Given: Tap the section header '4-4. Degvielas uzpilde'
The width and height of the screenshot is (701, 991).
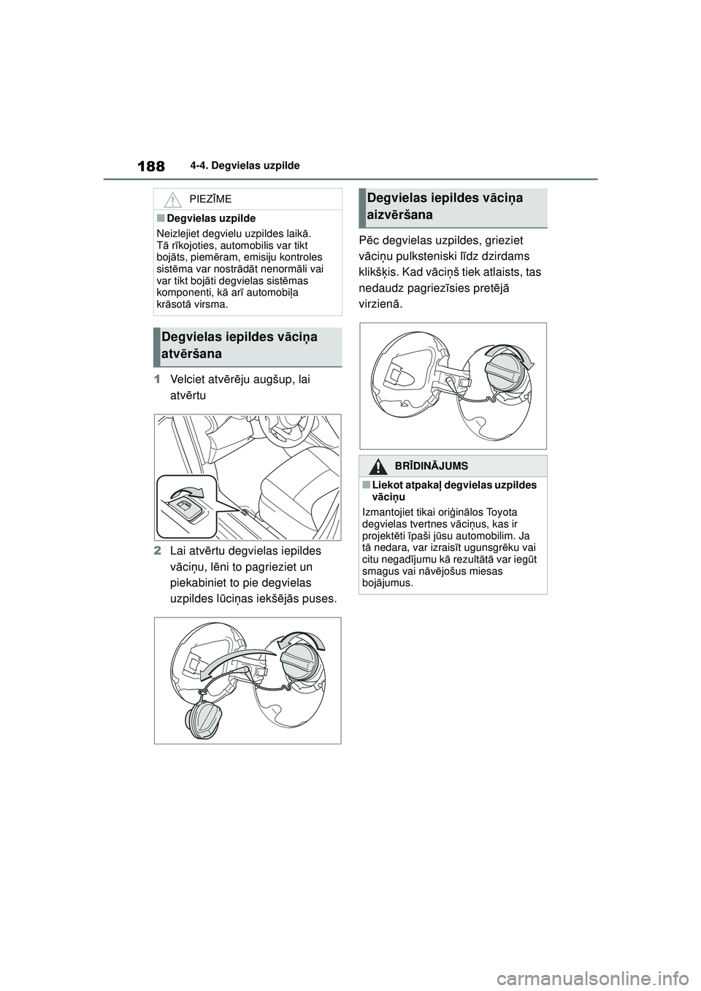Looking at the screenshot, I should (x=250, y=166).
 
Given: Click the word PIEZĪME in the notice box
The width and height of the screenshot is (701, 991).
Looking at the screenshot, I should (x=210, y=198).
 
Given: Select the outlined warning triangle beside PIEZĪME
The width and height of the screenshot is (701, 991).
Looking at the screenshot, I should (x=172, y=198).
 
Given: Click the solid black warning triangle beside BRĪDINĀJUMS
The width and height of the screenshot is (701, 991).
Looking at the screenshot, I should (x=379, y=466).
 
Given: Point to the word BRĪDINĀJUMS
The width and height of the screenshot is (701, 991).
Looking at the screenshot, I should (x=432, y=466).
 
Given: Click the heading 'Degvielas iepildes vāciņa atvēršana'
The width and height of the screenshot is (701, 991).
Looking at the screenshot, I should (x=240, y=345).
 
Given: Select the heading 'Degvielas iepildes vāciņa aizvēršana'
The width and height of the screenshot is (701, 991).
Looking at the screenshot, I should (x=445, y=206).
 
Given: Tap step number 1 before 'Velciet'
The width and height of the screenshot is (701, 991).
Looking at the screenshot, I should (x=156, y=379).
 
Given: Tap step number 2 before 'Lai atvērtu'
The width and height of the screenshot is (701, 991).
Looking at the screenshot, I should (x=156, y=551).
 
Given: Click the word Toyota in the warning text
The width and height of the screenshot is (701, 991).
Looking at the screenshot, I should (x=500, y=512).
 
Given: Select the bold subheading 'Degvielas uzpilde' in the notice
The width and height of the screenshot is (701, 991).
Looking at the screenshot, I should (x=210, y=218).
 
